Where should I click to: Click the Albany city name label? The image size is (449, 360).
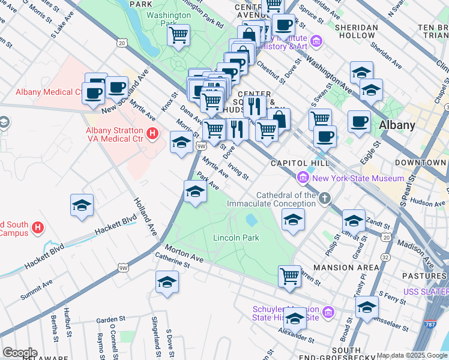tap(397, 125)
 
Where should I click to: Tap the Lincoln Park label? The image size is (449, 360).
tap(236, 238)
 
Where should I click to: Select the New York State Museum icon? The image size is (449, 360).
tap(303, 178)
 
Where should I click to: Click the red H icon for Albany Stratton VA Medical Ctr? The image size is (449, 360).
tap(152, 133)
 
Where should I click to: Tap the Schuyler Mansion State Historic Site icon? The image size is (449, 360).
tap(328, 312)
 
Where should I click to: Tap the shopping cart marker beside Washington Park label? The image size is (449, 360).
tap(178, 35)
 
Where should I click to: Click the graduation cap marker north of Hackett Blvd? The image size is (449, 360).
tap(82, 205)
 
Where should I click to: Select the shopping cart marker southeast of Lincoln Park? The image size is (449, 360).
tap(289, 276)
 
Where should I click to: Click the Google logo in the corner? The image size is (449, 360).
tap(20, 353)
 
